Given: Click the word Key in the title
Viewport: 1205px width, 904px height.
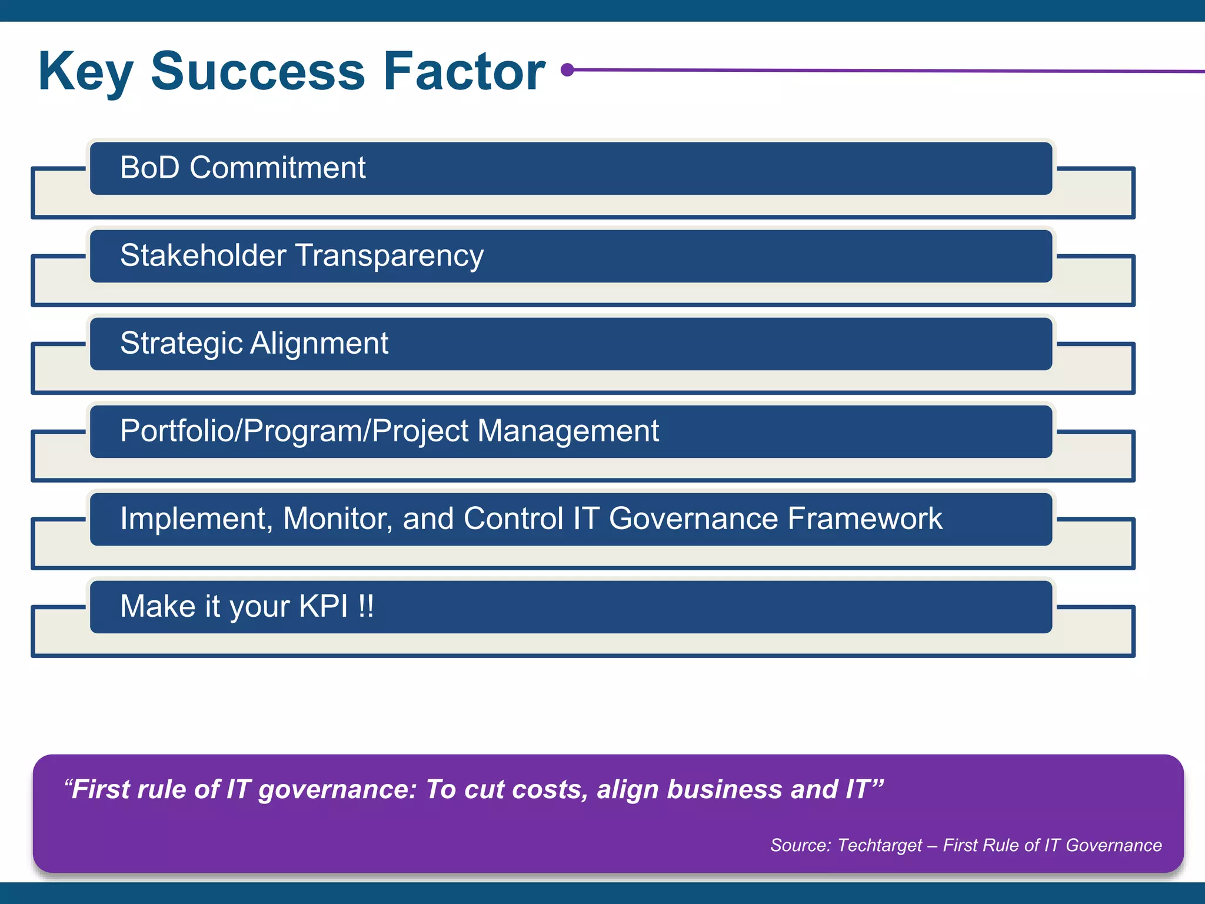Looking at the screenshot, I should [x=85, y=73].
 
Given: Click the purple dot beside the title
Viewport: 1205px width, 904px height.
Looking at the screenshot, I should [x=567, y=70].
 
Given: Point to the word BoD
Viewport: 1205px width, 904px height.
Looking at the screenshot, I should [x=149, y=168].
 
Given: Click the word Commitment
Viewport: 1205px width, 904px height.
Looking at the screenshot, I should [x=277, y=168].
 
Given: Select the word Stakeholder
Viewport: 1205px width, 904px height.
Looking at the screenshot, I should [x=203, y=255].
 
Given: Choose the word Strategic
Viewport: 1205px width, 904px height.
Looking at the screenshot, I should [x=181, y=344].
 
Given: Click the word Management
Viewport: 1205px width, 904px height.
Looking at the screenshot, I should [x=568, y=431].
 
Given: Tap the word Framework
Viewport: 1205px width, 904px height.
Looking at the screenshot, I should [x=864, y=519].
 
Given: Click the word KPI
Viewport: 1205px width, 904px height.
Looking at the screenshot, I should [x=323, y=606].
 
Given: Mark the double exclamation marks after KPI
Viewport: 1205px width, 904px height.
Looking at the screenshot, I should [x=365, y=606].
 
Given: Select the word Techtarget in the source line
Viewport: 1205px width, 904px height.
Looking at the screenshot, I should [x=879, y=845].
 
